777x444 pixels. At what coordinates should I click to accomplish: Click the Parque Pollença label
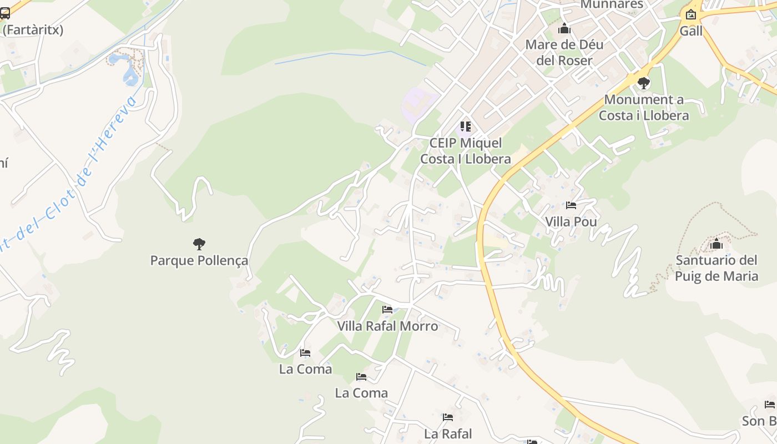(199, 260)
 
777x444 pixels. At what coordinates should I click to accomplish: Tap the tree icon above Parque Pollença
(199, 244)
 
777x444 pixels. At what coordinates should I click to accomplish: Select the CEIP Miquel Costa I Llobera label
(465, 151)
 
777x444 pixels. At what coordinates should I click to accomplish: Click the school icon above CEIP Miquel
(465, 127)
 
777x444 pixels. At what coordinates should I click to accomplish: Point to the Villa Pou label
(571, 222)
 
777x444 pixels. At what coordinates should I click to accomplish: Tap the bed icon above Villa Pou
(571, 205)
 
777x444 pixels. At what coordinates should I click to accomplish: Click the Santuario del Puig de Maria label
(717, 268)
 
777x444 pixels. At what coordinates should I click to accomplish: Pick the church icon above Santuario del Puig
(717, 244)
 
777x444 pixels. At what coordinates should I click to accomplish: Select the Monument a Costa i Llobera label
(644, 108)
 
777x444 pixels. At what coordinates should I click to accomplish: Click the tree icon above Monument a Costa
(644, 83)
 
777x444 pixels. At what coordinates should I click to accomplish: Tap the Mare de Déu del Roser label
(564, 52)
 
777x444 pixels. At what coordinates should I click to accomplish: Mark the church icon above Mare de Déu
(564, 28)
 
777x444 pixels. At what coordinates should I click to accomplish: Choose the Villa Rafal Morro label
(387, 326)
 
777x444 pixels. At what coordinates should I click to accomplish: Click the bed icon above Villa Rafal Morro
(387, 309)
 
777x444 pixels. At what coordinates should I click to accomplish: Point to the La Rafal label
(448, 433)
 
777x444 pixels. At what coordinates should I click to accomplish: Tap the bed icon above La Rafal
(448, 417)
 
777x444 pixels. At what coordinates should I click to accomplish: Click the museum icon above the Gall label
(691, 14)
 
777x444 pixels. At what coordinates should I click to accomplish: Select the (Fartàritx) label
(33, 30)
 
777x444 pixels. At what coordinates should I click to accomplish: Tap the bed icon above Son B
(769, 404)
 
